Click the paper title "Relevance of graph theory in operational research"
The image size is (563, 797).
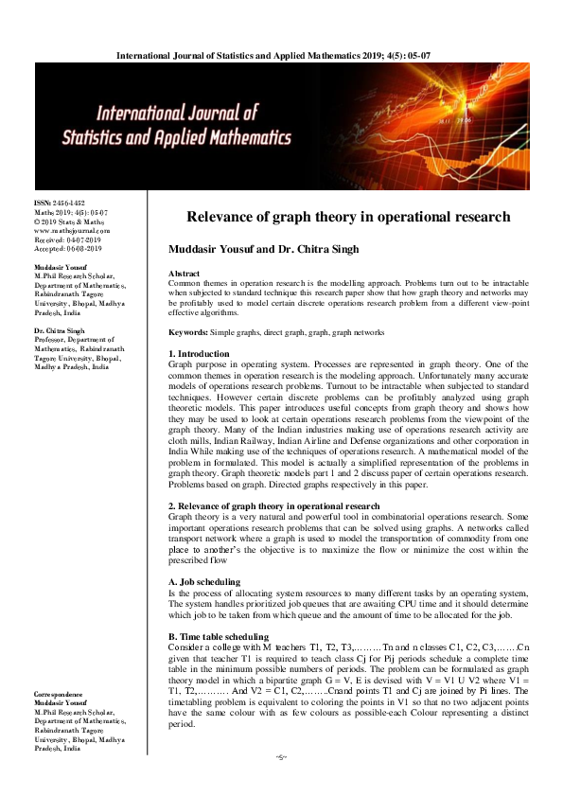pyautogui.click(x=347, y=217)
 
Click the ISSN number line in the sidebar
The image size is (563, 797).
pyautogui.click(x=60, y=204)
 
